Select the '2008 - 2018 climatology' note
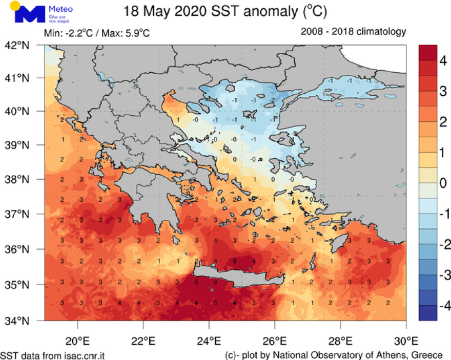pos(354,32)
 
